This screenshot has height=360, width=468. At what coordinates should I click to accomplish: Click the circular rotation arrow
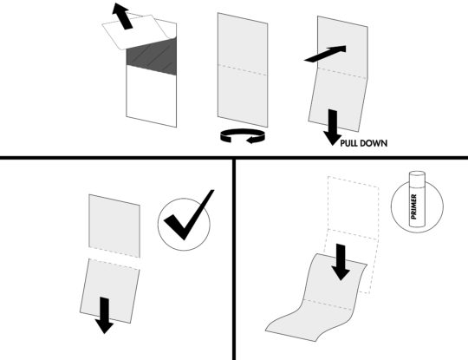coord(242,135)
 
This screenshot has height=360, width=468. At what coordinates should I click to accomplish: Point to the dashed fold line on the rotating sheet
coord(242,68)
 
